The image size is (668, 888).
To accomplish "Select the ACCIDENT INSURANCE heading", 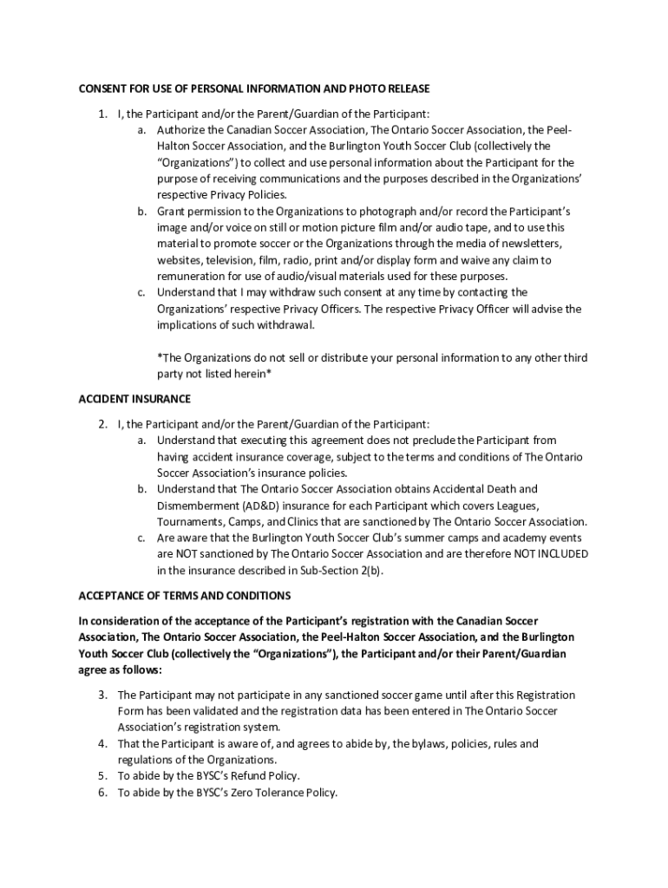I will [x=134, y=399].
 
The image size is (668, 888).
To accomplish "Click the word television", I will [x=226, y=260].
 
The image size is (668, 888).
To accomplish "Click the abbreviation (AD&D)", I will [x=258, y=506].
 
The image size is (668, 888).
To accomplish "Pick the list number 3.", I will [x=102, y=695].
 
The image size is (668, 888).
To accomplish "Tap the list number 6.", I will [x=102, y=793].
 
